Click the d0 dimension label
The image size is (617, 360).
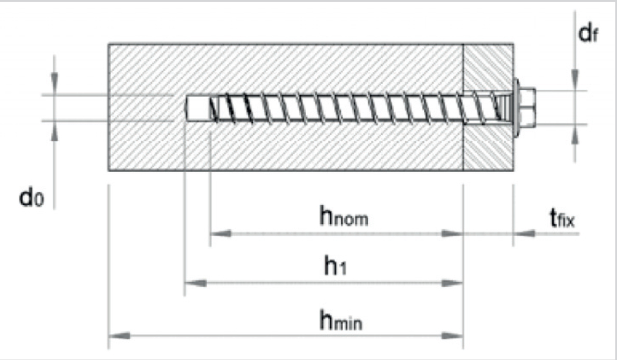point(32,197)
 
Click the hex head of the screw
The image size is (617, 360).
point(527,106)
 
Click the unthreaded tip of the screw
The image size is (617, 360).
point(197,108)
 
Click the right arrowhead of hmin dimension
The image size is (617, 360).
point(452,336)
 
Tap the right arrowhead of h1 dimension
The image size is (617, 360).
point(452,283)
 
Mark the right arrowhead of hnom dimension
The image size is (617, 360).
point(452,233)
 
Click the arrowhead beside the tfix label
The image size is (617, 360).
point(524,233)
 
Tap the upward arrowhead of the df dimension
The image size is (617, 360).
point(575,136)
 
